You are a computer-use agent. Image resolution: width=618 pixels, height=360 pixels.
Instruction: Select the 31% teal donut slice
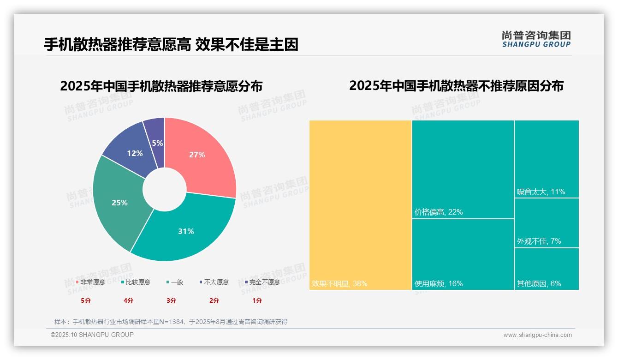coord(187,231)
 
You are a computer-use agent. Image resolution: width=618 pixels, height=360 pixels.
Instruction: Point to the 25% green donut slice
coord(119,202)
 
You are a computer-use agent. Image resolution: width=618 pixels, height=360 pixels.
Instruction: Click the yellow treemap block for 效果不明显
coord(360,205)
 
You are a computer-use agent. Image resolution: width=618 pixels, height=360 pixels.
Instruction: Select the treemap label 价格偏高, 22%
coord(438,212)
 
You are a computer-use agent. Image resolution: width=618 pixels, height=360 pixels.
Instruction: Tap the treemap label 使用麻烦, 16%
coord(438,283)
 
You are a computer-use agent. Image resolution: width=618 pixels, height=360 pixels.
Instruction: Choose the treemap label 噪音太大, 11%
coord(541,192)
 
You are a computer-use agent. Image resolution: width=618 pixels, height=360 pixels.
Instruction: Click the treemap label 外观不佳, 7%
coord(539,241)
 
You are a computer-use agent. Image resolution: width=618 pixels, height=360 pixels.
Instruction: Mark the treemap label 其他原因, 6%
coord(539,283)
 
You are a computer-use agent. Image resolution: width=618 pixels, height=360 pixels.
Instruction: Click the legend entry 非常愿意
coord(91,282)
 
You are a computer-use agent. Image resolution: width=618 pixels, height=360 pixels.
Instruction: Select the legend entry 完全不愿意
coord(262,282)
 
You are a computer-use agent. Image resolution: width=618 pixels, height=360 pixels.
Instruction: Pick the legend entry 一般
coord(175,282)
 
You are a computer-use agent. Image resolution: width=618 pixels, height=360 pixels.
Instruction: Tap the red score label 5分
coord(85,300)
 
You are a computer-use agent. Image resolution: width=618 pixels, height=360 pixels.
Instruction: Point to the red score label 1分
coord(257,300)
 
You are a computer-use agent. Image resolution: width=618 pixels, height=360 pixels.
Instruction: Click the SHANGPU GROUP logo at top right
coord(536,39)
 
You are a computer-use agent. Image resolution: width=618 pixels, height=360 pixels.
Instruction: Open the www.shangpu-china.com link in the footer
coord(537,335)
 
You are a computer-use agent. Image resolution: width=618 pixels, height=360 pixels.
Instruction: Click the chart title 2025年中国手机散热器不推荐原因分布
coord(456,86)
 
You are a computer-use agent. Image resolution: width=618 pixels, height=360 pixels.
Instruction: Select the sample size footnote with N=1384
coord(171,322)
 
